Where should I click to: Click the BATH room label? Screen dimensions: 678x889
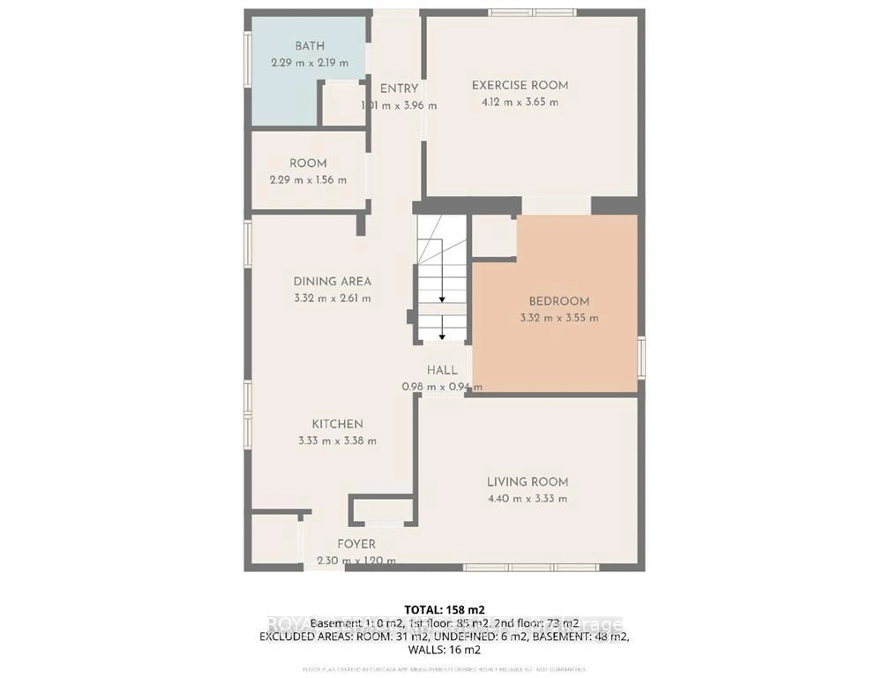pyautogui.click(x=309, y=46)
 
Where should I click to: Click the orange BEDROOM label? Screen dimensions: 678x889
pyautogui.click(x=559, y=301)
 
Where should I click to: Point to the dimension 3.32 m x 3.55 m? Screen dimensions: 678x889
pyautogui.click(x=559, y=318)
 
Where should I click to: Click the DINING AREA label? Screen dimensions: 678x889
pyautogui.click(x=332, y=282)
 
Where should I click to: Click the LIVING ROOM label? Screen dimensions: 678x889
pyautogui.click(x=527, y=482)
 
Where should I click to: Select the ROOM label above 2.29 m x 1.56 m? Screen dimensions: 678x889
pyautogui.click(x=308, y=163)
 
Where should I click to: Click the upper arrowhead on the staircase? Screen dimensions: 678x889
pyautogui.click(x=442, y=300)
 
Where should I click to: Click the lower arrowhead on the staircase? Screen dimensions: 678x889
pyautogui.click(x=442, y=337)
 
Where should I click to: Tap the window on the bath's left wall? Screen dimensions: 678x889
pyautogui.click(x=247, y=59)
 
